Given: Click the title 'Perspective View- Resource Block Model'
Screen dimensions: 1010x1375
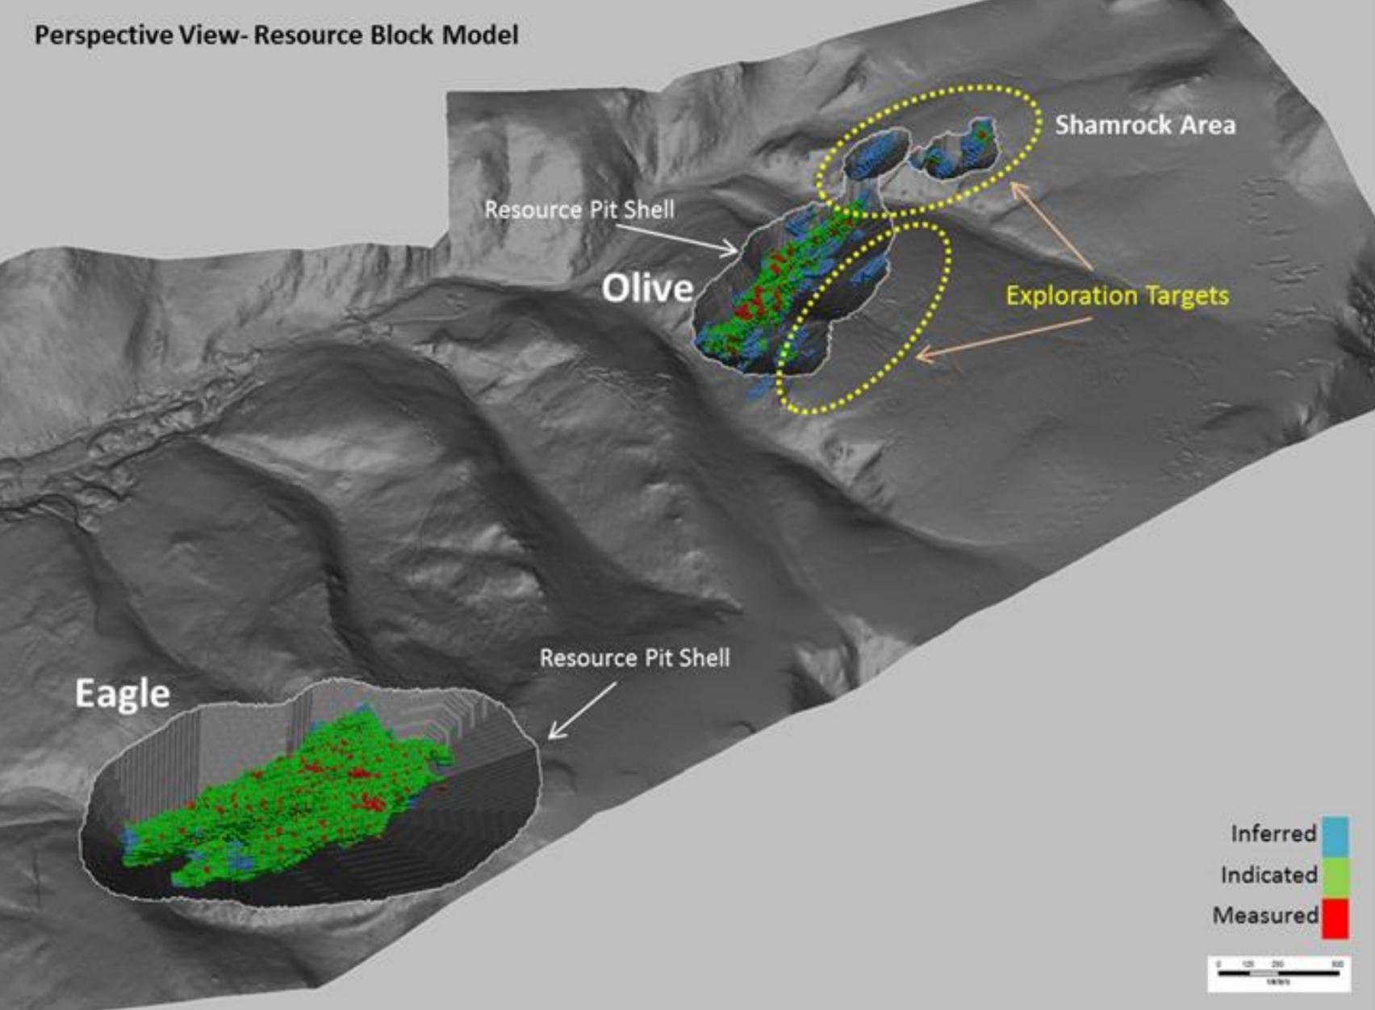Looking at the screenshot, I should point(276,35).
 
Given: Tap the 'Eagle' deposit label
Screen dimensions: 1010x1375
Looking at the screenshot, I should point(122,694).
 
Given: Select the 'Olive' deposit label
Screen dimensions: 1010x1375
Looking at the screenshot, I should point(647,288).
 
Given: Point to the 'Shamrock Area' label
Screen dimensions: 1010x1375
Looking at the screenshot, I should point(1145,125).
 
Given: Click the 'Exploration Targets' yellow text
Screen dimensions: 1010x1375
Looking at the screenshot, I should point(1117,296).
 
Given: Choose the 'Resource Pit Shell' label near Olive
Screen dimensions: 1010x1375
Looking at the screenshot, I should point(579,210).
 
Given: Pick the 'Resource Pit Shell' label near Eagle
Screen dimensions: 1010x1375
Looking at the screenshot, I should point(634,658).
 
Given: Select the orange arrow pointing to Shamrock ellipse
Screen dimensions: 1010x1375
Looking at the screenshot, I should point(1052,226).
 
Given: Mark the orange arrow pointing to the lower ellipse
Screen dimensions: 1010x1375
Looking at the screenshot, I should point(1005,338).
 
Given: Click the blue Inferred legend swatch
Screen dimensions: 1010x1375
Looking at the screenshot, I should point(1335,836).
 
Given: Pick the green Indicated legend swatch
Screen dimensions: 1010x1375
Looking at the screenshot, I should point(1335,876).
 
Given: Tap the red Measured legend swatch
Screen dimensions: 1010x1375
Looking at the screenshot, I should point(1335,918).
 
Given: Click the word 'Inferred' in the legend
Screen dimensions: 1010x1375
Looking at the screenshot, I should point(1273,833).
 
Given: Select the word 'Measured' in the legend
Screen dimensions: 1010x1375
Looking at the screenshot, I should point(1264,916).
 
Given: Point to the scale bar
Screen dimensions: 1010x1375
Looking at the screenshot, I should point(1278,973).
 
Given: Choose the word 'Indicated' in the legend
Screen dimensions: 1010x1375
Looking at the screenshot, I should point(1268,875).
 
